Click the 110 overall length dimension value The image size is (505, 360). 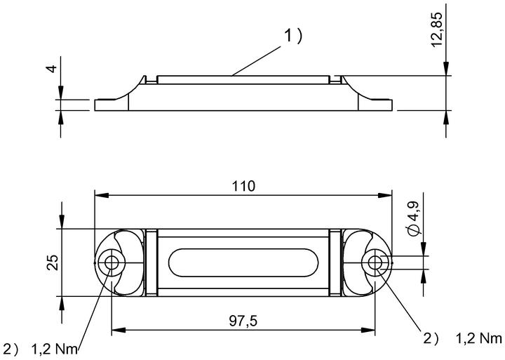pos(243,186)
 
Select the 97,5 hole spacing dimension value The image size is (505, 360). pos(243,321)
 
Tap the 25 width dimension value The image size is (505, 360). pos(53,262)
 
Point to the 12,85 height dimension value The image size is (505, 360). pos(437,29)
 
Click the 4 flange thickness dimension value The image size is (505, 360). pos(52,69)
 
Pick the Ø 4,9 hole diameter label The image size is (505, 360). pos(413,218)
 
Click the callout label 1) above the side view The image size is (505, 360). pos(292,36)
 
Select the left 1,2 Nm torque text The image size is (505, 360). pos(55,349)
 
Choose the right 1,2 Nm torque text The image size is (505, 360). pos(479,338)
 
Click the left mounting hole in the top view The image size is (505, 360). pos(111,262)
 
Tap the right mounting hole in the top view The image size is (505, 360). pos(375,262)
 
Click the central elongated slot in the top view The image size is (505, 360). pos(243,262)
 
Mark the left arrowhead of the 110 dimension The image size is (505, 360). pos(102,195)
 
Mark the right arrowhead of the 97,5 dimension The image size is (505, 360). pos(368,330)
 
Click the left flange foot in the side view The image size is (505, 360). pos(112,105)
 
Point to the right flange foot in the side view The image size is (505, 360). pos(375,105)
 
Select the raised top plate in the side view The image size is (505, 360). pos(243,80)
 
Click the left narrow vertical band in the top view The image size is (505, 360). pos(151,262)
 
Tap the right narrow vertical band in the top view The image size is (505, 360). pos(335,262)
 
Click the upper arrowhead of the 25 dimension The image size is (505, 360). pos(62,222)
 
